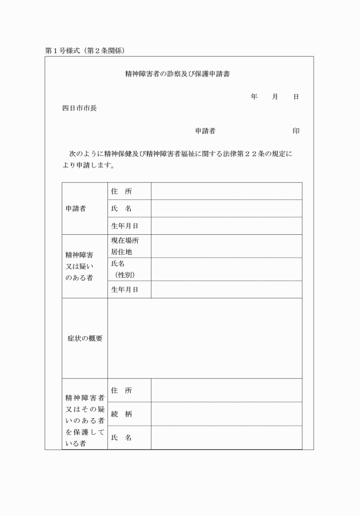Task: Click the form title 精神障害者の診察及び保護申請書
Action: coord(177,74)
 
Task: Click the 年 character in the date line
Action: coord(254,97)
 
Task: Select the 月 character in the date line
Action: coord(275,97)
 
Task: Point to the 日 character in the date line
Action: coord(296,97)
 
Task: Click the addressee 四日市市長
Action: coord(79,108)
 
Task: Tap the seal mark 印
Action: coord(296,131)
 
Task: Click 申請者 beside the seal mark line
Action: coord(205,131)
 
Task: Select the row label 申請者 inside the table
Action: coord(76,209)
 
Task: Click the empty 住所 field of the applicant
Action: coord(226,191)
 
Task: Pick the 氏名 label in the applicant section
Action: coord(121,209)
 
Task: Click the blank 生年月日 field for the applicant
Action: coord(226,226)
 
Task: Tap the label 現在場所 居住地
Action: coord(125,246)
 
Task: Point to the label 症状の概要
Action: coord(85,338)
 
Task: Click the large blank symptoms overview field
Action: coord(205,338)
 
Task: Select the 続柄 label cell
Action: coord(121,414)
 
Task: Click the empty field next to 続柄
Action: coord(226,414)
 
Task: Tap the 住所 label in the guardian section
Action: coord(121,390)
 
